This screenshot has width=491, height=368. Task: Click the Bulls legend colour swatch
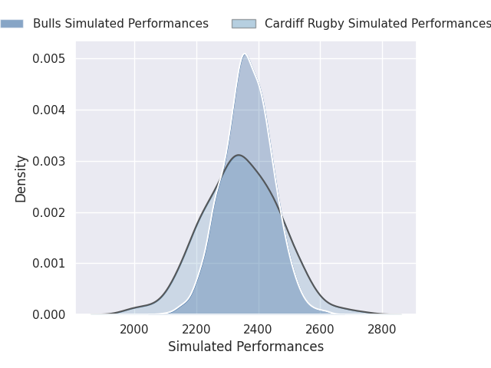pyautogui.click(x=12, y=24)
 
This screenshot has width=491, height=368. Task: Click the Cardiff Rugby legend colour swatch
pyautogui.click(x=244, y=24)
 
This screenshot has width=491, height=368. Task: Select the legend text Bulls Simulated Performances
pyautogui.click(x=120, y=24)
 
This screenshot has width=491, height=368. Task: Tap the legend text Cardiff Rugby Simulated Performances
pyautogui.click(x=377, y=24)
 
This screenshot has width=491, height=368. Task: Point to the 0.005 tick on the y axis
pyautogui.click(x=48, y=58)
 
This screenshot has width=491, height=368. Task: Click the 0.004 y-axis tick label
pyautogui.click(x=48, y=110)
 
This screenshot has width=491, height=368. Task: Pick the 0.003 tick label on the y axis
pyautogui.click(x=48, y=161)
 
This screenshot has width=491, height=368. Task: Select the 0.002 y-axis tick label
pyautogui.click(x=48, y=212)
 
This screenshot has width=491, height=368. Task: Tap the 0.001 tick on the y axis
pyautogui.click(x=48, y=264)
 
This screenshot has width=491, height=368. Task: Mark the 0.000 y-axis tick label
pyautogui.click(x=48, y=314)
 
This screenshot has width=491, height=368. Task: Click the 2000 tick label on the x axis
pyautogui.click(x=134, y=330)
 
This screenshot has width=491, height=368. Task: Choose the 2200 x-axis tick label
pyautogui.click(x=196, y=330)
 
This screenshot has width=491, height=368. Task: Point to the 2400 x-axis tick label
pyautogui.click(x=258, y=330)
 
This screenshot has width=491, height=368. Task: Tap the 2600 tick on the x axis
pyautogui.click(x=320, y=330)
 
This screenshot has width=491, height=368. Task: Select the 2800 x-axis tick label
pyautogui.click(x=382, y=330)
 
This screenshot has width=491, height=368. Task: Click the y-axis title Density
pyautogui.click(x=21, y=179)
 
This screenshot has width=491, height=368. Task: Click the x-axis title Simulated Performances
pyautogui.click(x=245, y=347)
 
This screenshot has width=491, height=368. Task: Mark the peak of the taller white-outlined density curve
pyautogui.click(x=245, y=54)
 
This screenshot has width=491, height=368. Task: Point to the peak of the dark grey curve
pyautogui.click(x=239, y=155)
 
